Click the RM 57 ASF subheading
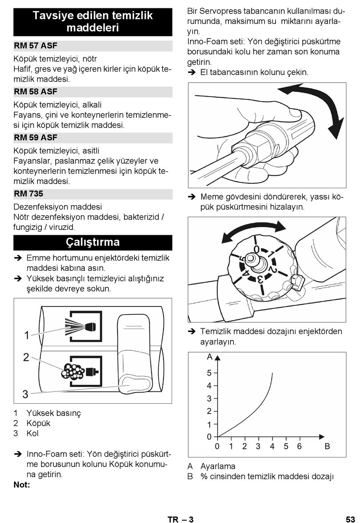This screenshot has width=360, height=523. tap(36, 45)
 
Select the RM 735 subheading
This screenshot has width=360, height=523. tap(28, 194)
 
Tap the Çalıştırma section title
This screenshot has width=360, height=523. tap(93, 242)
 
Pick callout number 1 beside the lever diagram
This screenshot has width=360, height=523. tap(27, 335)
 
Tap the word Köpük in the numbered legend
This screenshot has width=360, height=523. tap(38, 423)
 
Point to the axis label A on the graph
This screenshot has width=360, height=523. tap(210, 357)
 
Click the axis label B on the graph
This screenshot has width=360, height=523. tap(327, 446)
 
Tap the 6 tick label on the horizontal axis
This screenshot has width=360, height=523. tap(299, 446)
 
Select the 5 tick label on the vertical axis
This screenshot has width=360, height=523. tap(209, 373)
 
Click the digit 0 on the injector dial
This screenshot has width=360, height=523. tap(256, 249)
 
